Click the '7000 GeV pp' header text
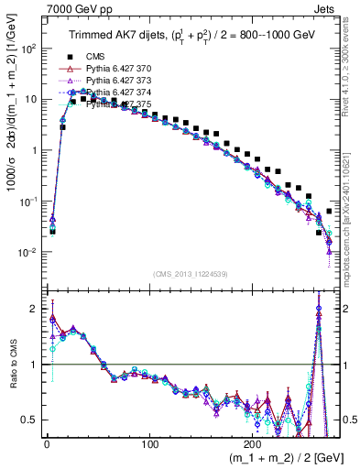tap(37, 7)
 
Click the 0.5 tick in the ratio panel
tap(29, 420)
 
